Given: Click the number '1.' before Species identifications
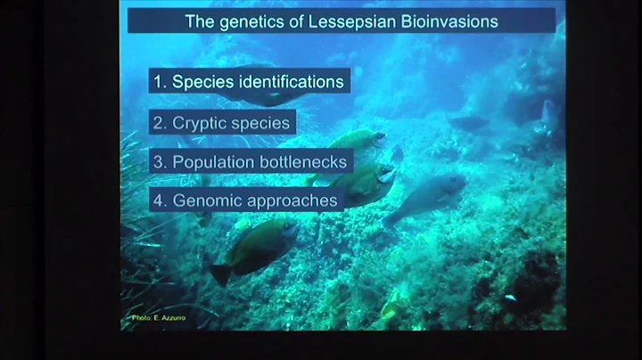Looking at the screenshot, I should point(160,82).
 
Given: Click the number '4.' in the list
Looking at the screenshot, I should point(160,200).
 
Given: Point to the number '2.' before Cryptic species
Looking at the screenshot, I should point(160,123).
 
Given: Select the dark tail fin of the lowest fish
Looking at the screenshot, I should point(219,273).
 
